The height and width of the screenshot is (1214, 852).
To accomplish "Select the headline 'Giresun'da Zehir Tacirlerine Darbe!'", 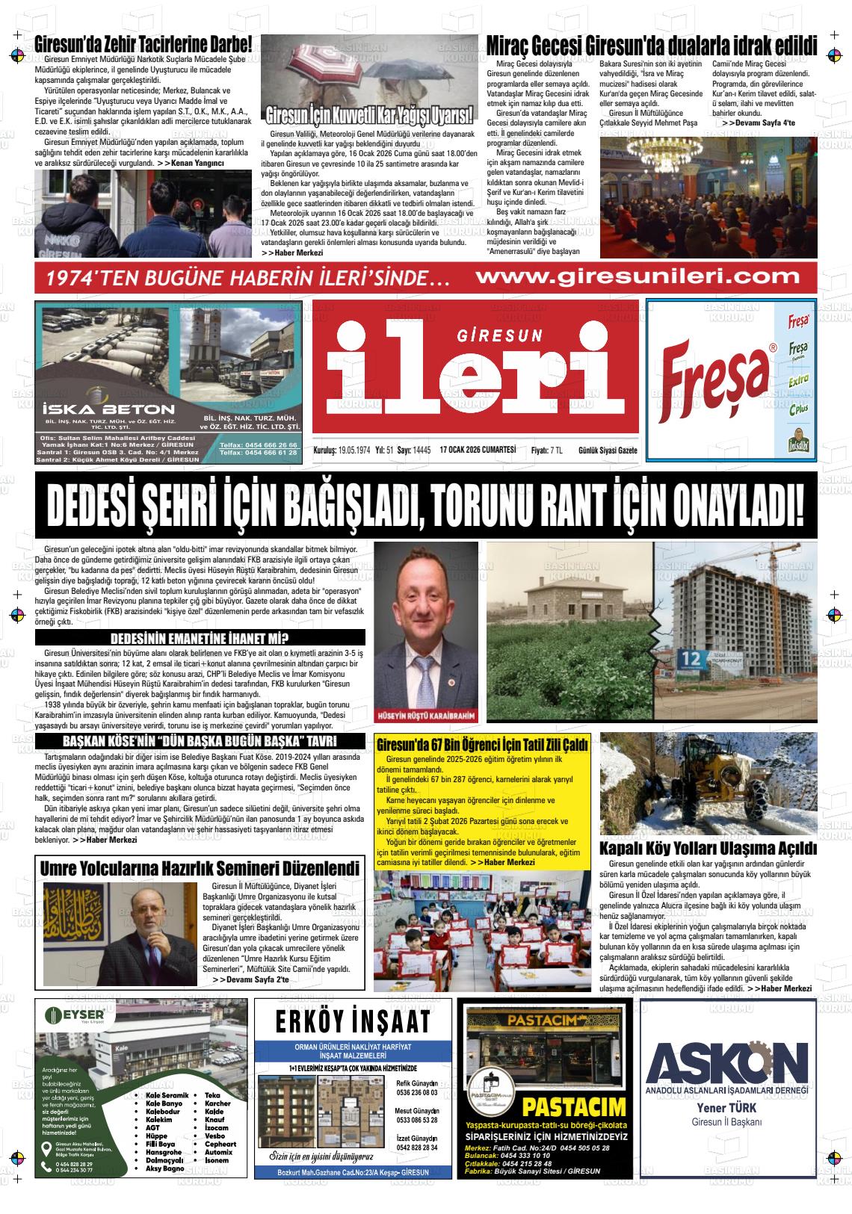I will pos(143,44).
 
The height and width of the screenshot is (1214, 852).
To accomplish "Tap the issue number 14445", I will pos(422,450).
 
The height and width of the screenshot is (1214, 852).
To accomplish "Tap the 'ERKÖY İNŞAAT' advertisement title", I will pos(353,1021).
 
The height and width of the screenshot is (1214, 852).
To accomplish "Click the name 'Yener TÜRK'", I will pos(726,1107).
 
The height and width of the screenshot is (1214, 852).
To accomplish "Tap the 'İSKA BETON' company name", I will pos(108,409).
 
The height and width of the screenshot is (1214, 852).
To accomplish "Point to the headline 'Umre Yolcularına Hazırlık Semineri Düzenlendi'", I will pos(200,869).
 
